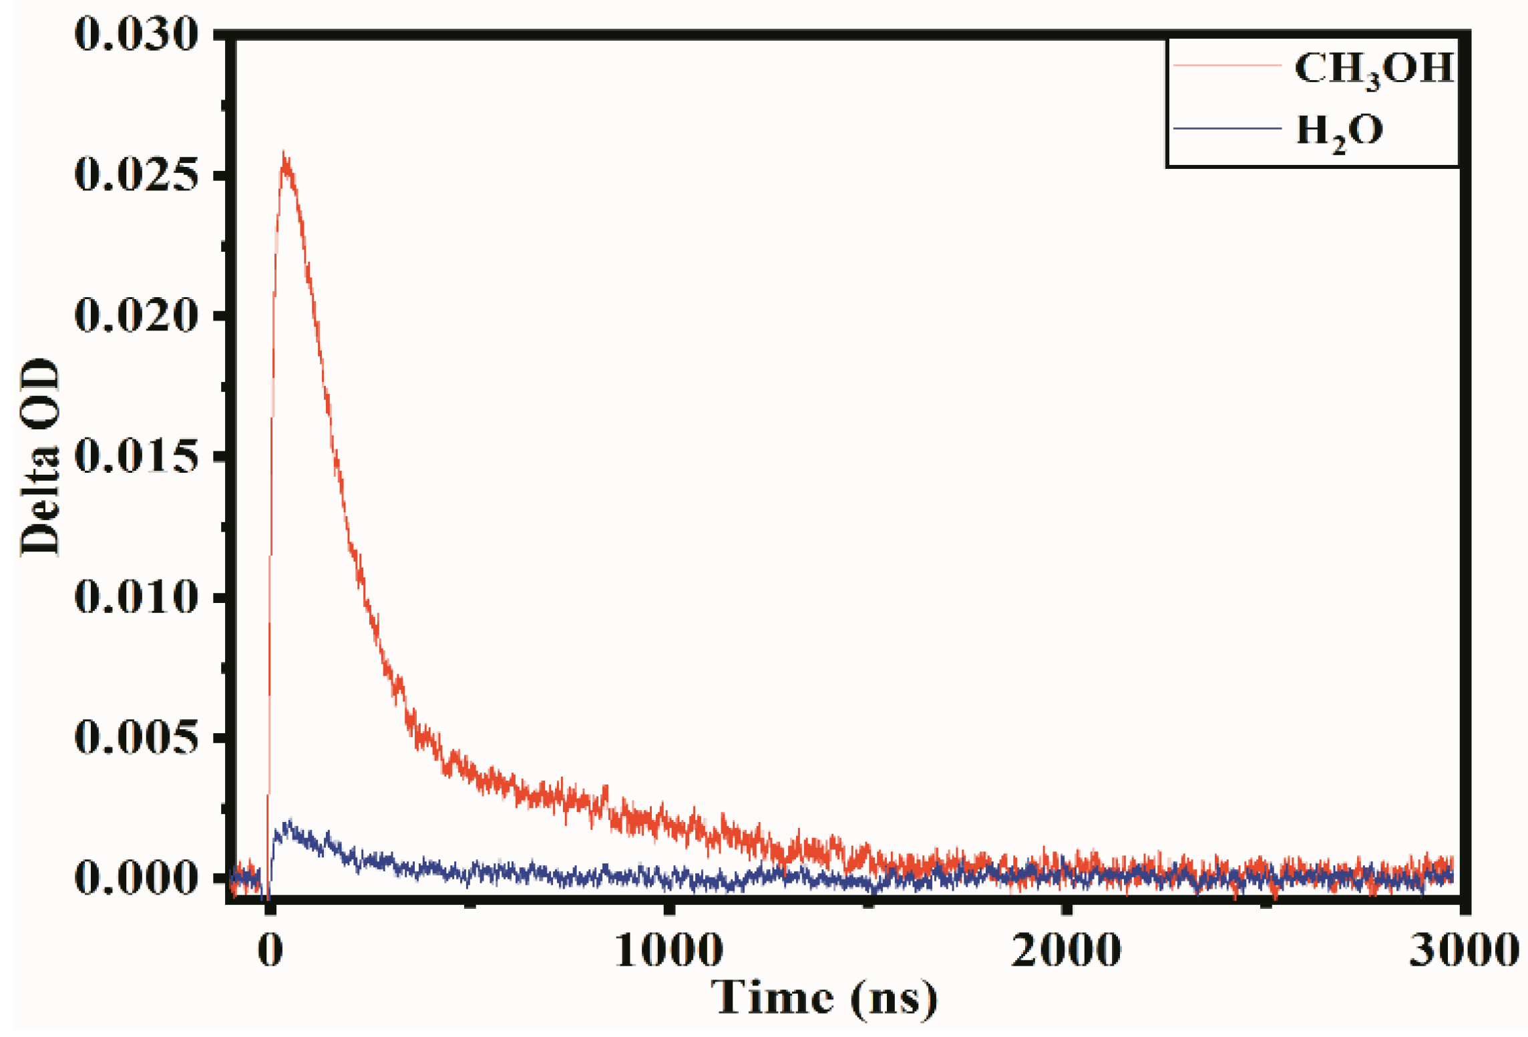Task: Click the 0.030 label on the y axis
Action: (136, 35)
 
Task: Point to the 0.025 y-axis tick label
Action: (136, 176)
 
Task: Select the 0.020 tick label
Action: (136, 315)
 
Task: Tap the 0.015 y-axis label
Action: (136, 457)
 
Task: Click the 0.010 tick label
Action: (136, 596)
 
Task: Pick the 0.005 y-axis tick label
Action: (136, 737)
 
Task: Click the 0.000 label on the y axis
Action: (136, 877)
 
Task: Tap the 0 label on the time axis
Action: (270, 950)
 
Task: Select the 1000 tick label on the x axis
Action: (668, 950)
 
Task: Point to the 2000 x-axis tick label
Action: (1066, 950)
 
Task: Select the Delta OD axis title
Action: (40, 457)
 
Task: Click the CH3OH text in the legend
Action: (1374, 69)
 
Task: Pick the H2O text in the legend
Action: (1340, 132)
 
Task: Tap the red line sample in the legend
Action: (1227, 65)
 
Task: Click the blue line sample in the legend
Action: (1227, 128)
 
